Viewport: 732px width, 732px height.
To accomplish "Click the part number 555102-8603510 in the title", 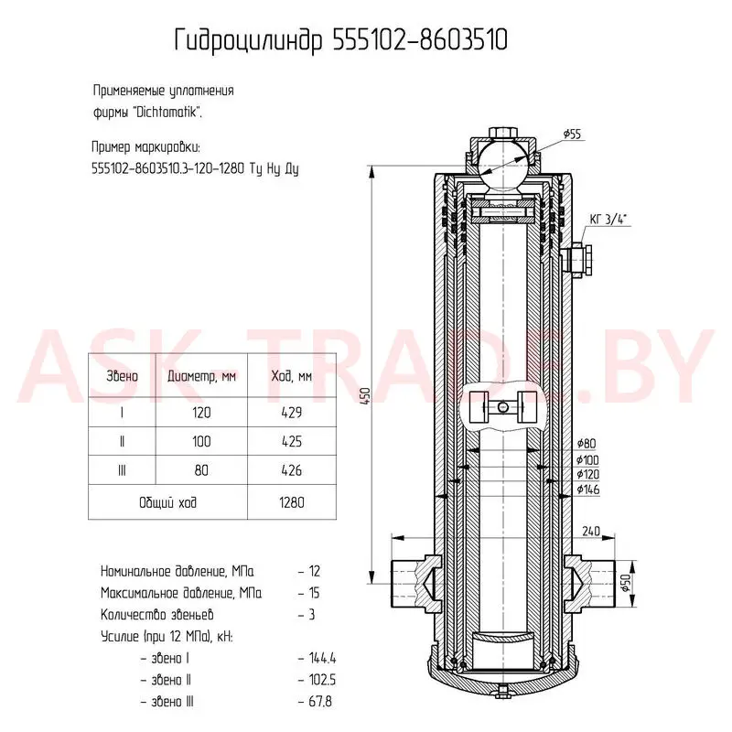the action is click(x=420, y=40).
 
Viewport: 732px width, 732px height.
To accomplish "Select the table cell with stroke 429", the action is click(x=292, y=413).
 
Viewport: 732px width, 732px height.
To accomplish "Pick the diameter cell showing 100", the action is click(x=201, y=442).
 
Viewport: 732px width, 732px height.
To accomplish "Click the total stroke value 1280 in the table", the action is click(x=292, y=502).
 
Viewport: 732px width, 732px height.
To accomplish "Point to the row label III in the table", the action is click(x=122, y=470).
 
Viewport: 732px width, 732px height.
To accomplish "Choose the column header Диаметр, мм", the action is click(x=201, y=376).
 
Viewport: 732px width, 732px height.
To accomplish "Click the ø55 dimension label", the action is click(x=572, y=135).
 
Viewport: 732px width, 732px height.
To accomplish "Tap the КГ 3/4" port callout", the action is click(x=608, y=219).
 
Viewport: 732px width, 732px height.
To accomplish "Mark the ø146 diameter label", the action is click(x=587, y=490).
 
